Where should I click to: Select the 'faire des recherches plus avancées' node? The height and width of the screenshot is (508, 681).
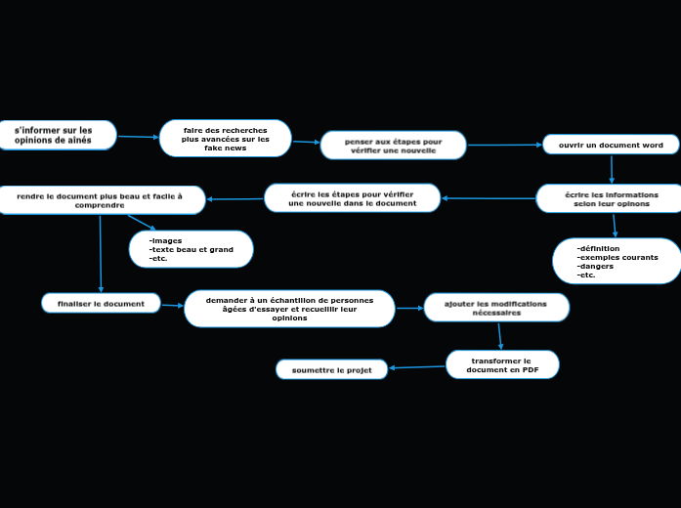point(226,139)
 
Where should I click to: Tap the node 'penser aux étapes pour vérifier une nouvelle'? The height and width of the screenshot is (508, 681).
point(393,146)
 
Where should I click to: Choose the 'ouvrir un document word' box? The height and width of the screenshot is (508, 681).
point(611,145)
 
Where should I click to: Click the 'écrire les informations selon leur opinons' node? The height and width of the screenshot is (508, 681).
point(611,198)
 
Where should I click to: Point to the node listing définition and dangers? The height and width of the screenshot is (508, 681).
point(617,261)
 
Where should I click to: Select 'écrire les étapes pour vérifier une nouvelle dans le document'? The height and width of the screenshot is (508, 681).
point(352,198)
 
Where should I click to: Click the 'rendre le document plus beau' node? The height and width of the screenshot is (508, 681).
point(101,200)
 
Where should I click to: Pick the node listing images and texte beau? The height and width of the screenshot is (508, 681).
point(192,249)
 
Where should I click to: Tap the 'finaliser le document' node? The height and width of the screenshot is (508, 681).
point(101,304)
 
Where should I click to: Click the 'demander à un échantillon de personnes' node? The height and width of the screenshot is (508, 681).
point(289,309)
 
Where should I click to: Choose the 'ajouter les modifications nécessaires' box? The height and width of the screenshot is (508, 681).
point(496,308)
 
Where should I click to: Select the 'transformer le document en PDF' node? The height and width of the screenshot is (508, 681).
point(502,364)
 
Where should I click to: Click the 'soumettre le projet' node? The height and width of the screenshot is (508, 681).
point(332,369)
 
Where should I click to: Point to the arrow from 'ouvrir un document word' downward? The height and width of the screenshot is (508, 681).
point(612,169)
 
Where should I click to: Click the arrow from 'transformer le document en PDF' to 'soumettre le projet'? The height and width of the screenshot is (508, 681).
point(417,367)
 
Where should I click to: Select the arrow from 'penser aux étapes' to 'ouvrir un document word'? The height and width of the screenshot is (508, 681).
point(505,146)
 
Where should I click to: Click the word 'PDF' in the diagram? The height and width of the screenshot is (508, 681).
point(530,370)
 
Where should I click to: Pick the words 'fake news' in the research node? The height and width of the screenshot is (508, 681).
point(226,148)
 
